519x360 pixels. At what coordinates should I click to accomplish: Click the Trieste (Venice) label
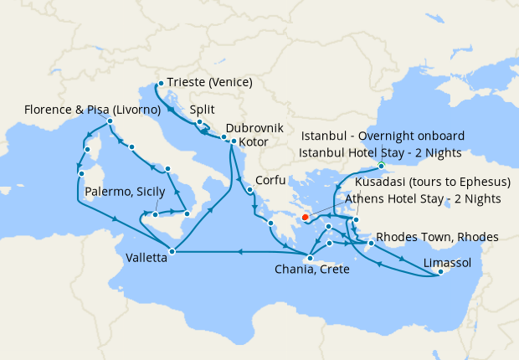209,83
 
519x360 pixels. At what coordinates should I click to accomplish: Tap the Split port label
203,109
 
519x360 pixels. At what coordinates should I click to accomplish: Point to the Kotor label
254,142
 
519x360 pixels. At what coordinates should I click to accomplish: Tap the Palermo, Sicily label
126,192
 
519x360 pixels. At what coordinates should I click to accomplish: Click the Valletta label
146,258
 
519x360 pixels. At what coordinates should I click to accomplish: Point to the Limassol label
448,263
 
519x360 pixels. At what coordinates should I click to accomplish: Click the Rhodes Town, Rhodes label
437,237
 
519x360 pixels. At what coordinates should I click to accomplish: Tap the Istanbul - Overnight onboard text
382,136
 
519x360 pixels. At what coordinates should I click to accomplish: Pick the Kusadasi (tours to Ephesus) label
428,183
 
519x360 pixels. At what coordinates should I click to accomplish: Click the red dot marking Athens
306,218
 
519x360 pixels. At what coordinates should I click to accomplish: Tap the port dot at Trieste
159,83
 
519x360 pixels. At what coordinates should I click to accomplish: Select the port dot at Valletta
172,251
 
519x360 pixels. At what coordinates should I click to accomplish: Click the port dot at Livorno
110,122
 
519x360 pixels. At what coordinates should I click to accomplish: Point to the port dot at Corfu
249,190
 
